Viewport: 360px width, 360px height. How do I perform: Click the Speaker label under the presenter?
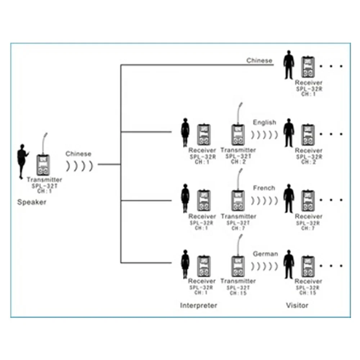click(x=32, y=202)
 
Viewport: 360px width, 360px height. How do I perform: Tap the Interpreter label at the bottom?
click(x=198, y=306)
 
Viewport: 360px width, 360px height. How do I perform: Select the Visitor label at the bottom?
click(x=297, y=306)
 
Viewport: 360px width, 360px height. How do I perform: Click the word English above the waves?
click(x=264, y=122)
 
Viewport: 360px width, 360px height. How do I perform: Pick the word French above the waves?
click(x=264, y=188)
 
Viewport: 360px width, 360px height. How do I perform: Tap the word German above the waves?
click(x=265, y=254)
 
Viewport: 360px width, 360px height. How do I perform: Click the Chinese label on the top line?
click(x=259, y=60)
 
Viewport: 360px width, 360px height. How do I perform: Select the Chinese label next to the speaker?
click(x=78, y=154)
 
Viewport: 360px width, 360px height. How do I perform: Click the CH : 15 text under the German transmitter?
click(x=238, y=293)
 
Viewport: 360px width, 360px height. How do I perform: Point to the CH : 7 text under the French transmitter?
click(x=238, y=228)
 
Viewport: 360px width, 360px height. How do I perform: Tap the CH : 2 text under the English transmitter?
click(x=238, y=162)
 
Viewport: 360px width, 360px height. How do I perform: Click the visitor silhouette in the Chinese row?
click(x=288, y=65)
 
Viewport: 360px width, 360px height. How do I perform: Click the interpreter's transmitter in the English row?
click(x=238, y=134)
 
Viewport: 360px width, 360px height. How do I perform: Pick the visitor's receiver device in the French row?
click(x=308, y=200)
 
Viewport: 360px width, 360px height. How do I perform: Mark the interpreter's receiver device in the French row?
click(x=203, y=200)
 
